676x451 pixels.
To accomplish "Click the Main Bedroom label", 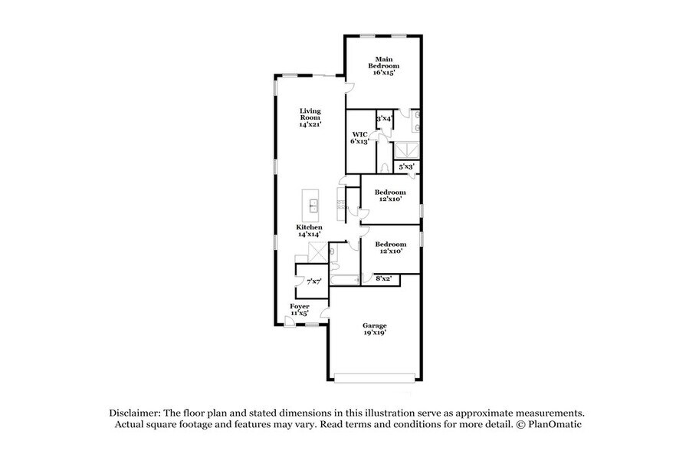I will pos(382,65).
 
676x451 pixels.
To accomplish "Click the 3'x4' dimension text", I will pos(383,119).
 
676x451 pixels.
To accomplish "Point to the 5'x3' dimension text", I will pos(405,166).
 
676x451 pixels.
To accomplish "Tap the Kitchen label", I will pos(310,230).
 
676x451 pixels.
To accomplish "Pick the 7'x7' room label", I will pos(313,282).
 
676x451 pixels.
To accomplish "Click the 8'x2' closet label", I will pos(383,279).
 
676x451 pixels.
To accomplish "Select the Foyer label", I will pos(299,309).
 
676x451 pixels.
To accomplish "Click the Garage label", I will pos(374,329).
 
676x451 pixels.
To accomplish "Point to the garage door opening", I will pos(375,377).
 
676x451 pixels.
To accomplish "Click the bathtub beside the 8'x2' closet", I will pos(343,280).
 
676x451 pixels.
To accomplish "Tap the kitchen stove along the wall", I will pos(340,206).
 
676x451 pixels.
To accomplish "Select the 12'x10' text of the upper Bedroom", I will pos(390,199).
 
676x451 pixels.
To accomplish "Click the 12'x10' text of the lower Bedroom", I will pos(390,251).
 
